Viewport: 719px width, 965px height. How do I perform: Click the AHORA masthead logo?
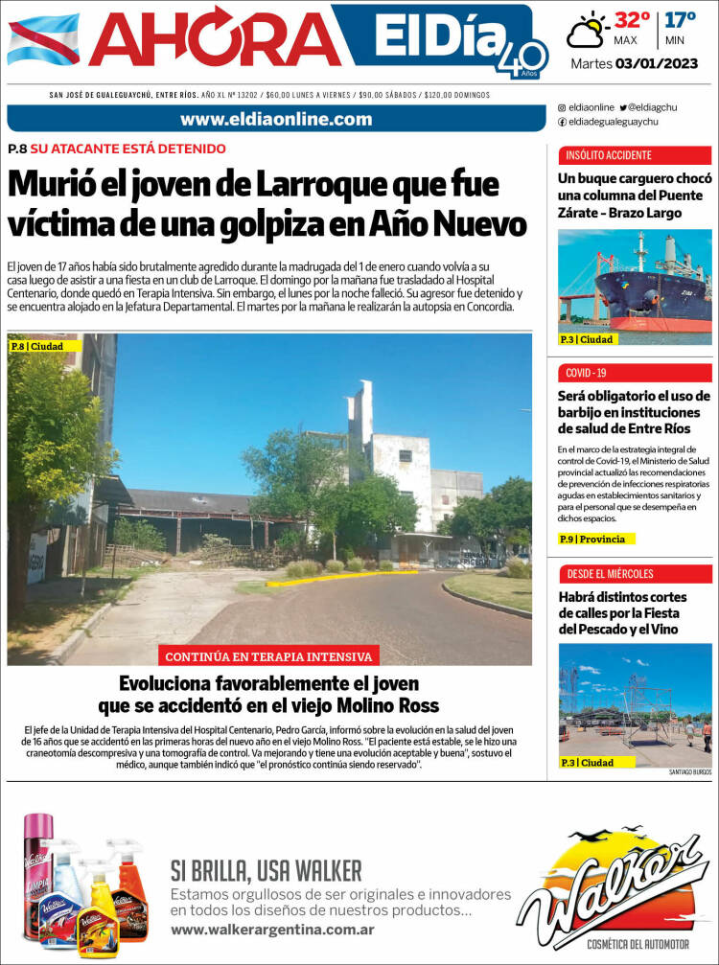(x=209, y=40)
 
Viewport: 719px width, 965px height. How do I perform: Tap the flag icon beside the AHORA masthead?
(x=43, y=40)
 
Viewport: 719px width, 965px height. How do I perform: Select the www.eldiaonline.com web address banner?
(x=276, y=119)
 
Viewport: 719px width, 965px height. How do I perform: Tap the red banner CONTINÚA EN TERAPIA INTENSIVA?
(x=270, y=656)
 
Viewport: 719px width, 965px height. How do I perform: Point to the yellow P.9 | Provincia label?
(x=597, y=539)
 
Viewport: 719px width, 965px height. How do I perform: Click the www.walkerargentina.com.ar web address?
(x=272, y=931)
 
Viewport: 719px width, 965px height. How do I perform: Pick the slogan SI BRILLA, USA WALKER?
(x=267, y=870)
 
